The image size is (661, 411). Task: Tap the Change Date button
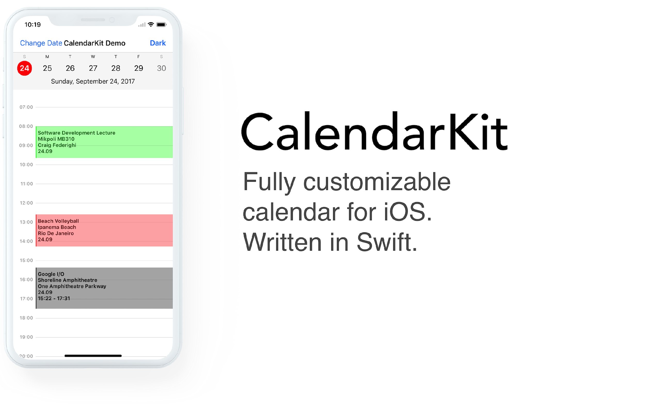pyautogui.click(x=41, y=43)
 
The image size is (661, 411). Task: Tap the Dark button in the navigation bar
pyautogui.click(x=158, y=43)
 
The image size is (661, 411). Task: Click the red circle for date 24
pyautogui.click(x=25, y=68)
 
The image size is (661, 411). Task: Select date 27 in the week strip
pyautogui.click(x=93, y=68)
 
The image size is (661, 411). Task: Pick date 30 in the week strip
pyautogui.click(x=161, y=68)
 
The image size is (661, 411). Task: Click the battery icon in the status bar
pyautogui.click(x=161, y=25)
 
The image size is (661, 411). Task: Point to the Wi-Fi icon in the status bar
pyautogui.click(x=151, y=25)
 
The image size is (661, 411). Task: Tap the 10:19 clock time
pyautogui.click(x=33, y=25)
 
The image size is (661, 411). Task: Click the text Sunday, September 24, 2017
pyautogui.click(x=93, y=82)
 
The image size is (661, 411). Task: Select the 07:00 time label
pyautogui.click(x=26, y=107)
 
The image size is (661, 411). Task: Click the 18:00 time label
pyautogui.click(x=26, y=318)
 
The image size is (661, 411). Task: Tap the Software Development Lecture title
pyautogui.click(x=77, y=133)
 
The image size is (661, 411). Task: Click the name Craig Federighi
pyautogui.click(x=57, y=145)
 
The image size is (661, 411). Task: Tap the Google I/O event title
pyautogui.click(x=51, y=274)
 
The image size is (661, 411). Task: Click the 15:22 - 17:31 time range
pyautogui.click(x=54, y=298)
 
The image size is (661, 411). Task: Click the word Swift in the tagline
pyautogui.click(x=387, y=242)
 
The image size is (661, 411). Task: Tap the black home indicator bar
pyautogui.click(x=93, y=356)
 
